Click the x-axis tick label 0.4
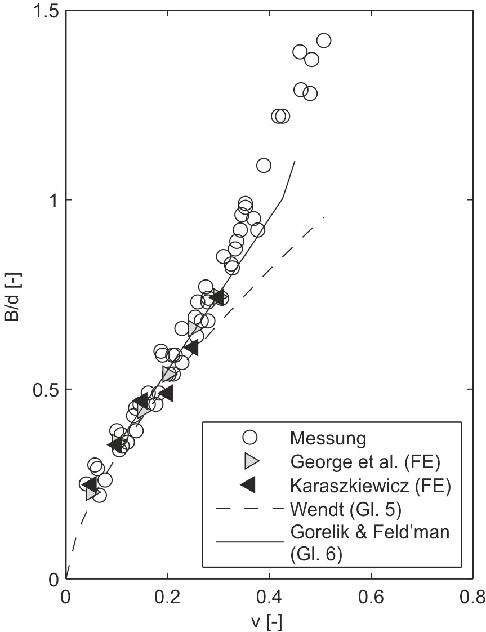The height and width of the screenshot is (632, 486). click(269, 597)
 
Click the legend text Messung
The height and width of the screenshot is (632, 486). click(328, 437)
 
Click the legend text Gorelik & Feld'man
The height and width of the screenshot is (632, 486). click(369, 532)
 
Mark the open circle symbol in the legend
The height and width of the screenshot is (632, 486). click(248, 437)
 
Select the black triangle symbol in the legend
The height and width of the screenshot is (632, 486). click(248, 484)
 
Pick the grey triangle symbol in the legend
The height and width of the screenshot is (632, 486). click(249, 461)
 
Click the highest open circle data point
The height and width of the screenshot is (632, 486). click(324, 41)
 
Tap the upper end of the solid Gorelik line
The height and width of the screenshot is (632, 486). click(295, 162)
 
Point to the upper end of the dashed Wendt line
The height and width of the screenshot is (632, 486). click(323, 217)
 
